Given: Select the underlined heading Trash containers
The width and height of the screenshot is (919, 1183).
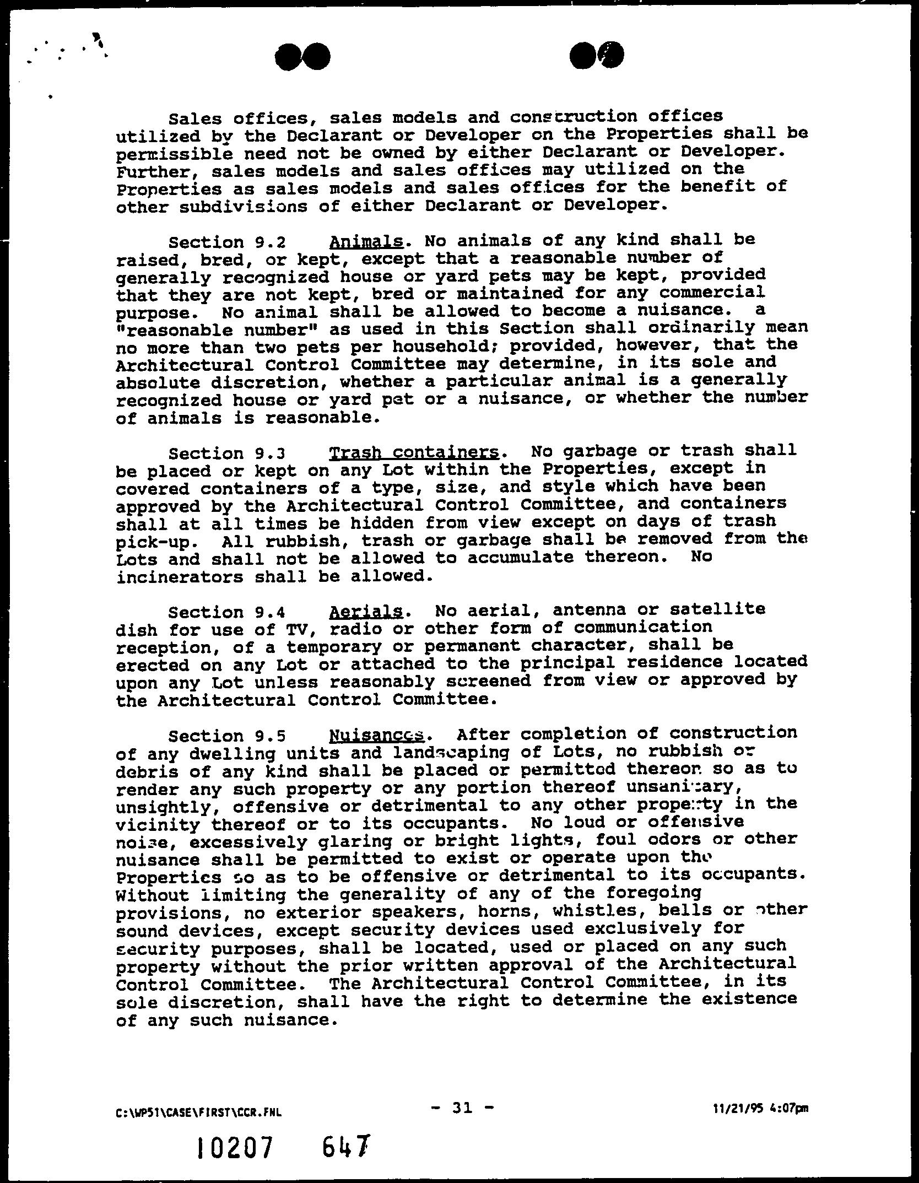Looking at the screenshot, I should pyautogui.click(x=414, y=452).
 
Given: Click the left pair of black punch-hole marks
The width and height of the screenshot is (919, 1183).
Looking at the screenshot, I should pyautogui.click(x=304, y=57).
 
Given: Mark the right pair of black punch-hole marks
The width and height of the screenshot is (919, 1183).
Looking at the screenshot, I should pyautogui.click(x=597, y=56).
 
